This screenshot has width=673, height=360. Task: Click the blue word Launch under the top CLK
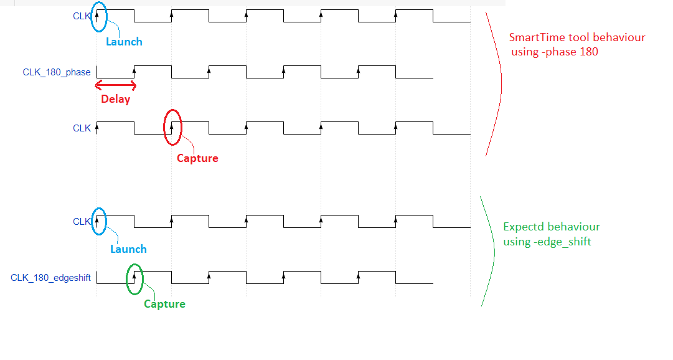(x=124, y=42)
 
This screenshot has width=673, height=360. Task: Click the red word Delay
(x=115, y=99)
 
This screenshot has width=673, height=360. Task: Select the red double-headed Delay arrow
(x=116, y=86)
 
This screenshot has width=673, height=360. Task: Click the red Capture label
(x=197, y=158)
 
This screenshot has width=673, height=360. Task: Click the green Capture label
(x=164, y=304)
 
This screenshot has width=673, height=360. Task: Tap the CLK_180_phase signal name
(x=57, y=72)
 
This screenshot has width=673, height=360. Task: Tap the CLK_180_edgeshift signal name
(x=50, y=278)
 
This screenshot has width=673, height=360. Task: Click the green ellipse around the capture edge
(x=127, y=279)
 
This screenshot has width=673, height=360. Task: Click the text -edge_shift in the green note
(x=563, y=242)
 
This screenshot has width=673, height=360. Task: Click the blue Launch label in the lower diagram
(x=128, y=249)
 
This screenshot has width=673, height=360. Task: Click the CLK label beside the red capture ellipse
(x=82, y=128)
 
